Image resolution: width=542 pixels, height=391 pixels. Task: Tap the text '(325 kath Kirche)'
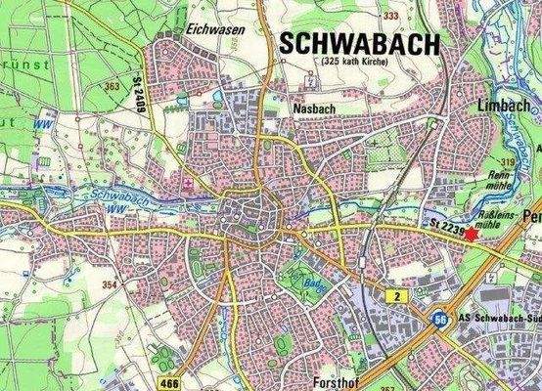coord(353,63)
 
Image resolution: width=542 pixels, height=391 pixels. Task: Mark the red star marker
coord(472,234)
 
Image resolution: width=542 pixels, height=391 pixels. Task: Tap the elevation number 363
coord(113,86)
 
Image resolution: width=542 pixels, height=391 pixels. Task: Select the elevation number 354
coord(110,283)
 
